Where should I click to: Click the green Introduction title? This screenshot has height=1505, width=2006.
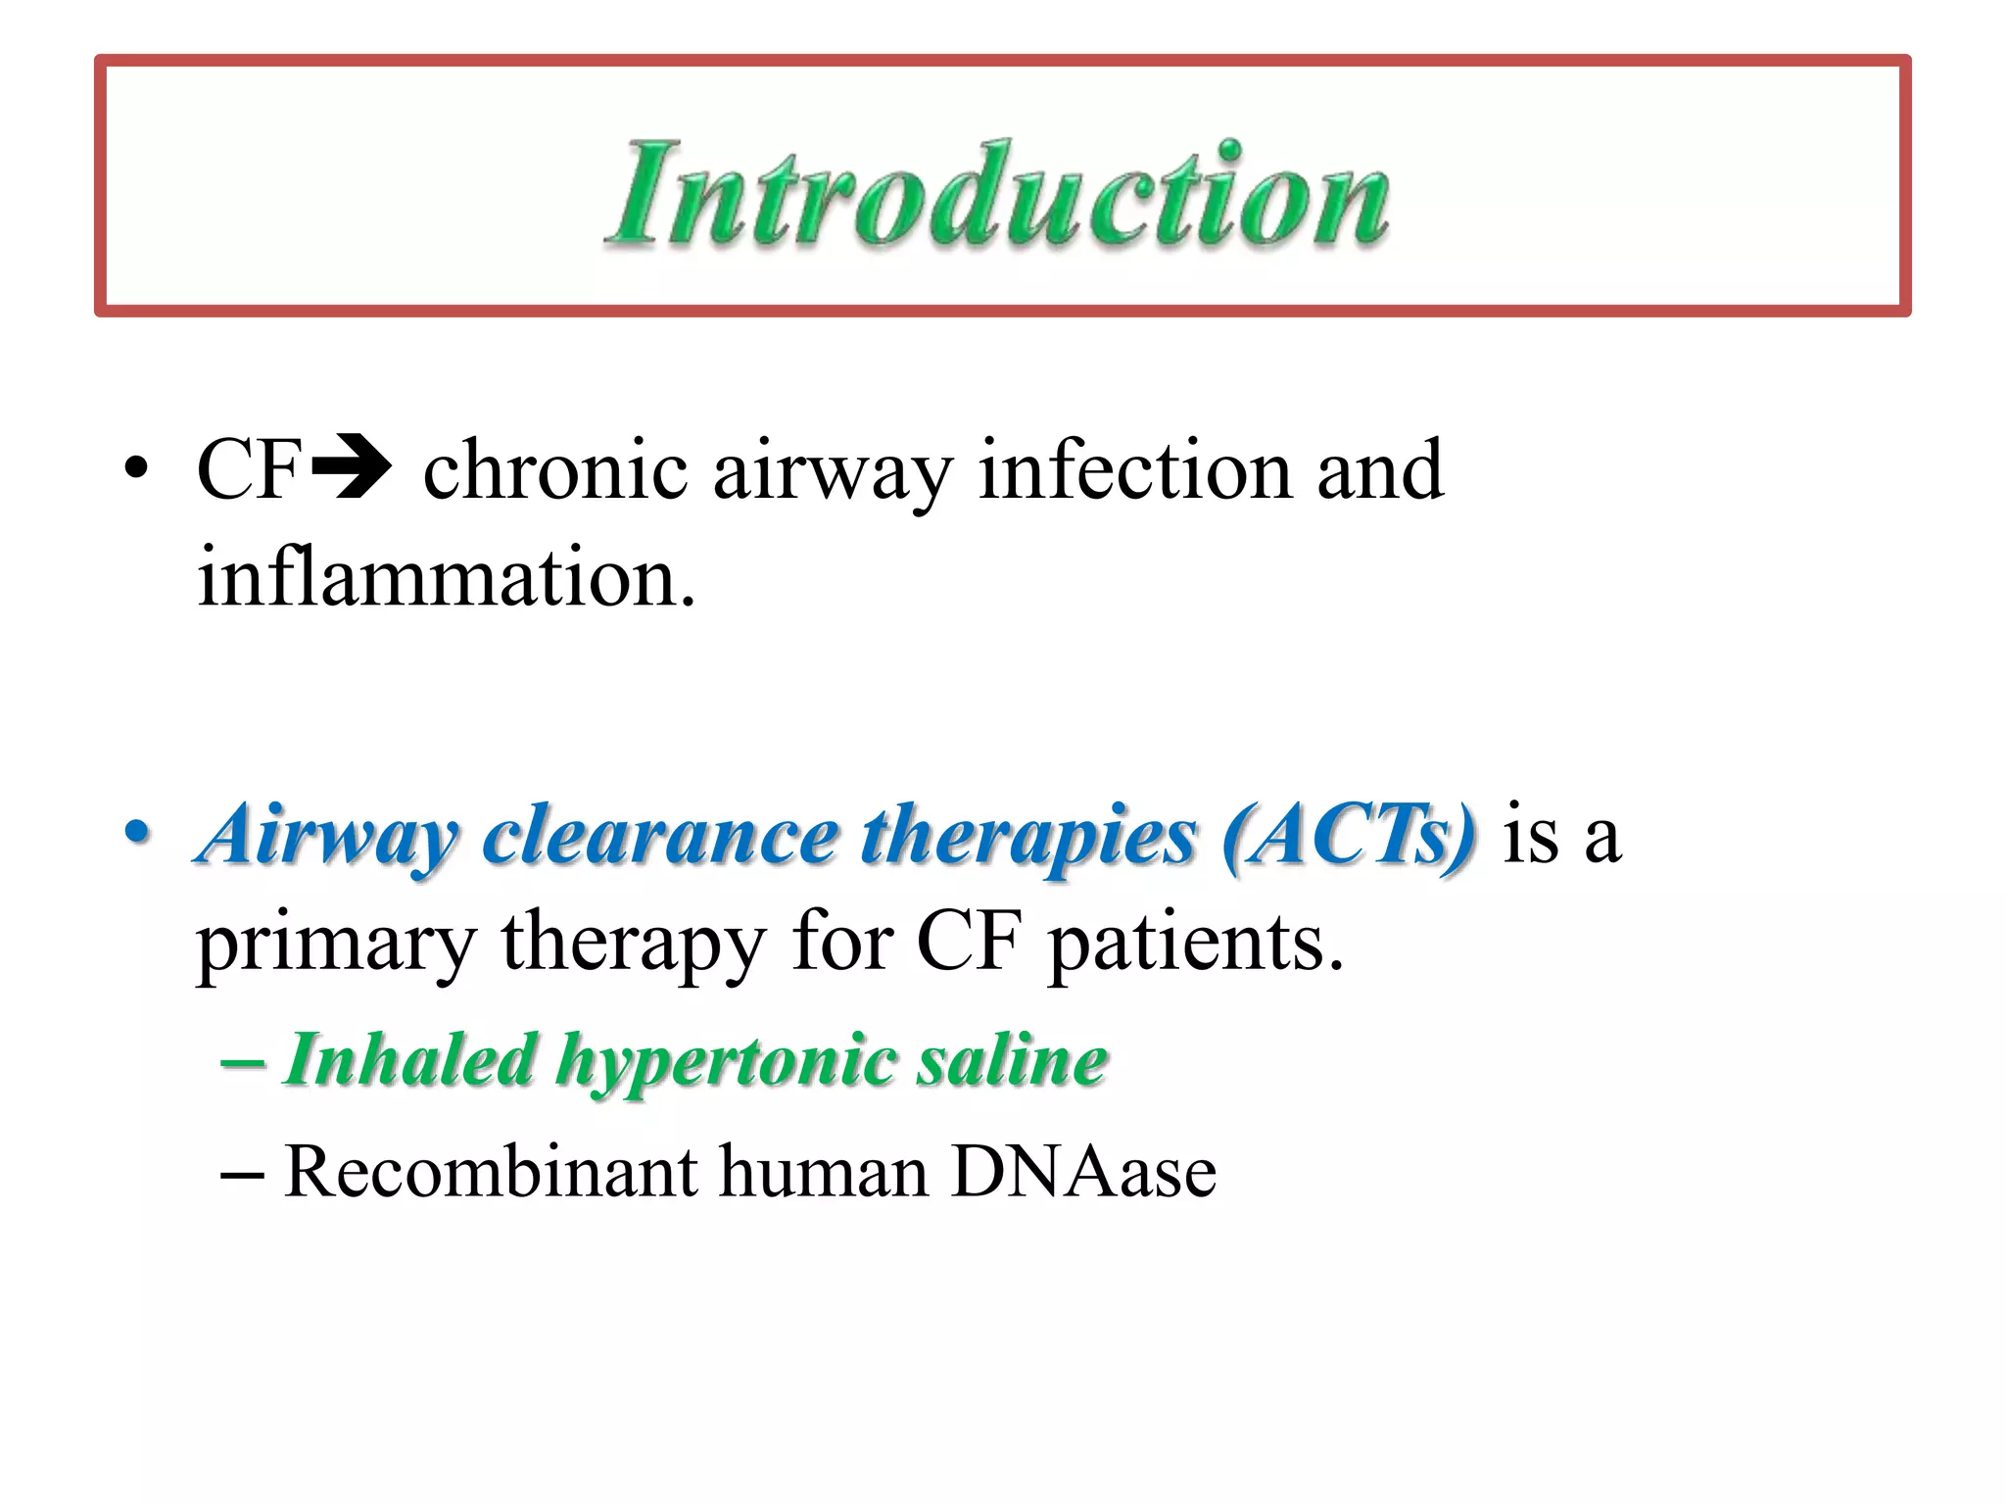(x=997, y=194)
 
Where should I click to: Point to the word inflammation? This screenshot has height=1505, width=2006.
(x=446, y=578)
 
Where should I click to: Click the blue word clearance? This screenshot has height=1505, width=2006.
(x=660, y=835)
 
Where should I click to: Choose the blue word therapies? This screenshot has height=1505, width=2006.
(x=1028, y=835)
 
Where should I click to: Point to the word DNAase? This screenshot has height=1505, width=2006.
(x=1083, y=1171)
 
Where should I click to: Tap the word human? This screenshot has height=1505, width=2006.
(x=823, y=1171)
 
